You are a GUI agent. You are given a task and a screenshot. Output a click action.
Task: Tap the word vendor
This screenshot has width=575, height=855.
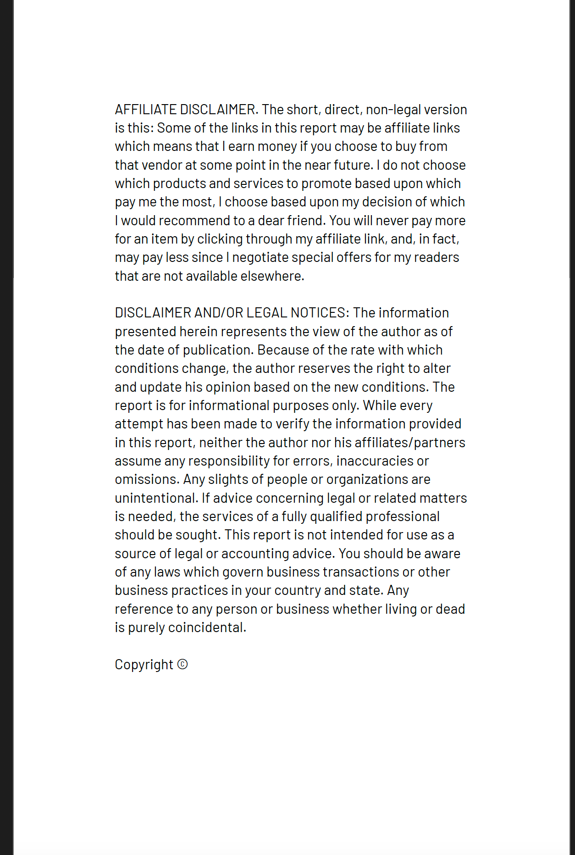pyautogui.click(x=162, y=165)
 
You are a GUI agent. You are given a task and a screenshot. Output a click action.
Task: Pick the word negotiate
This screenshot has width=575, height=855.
pyautogui.click(x=260, y=257)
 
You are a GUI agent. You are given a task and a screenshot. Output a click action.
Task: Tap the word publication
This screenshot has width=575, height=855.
pyautogui.click(x=218, y=350)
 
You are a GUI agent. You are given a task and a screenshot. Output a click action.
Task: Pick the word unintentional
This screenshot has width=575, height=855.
pyautogui.click(x=156, y=498)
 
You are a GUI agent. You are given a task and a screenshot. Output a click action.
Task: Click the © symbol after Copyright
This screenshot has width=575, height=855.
pyautogui.click(x=182, y=664)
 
